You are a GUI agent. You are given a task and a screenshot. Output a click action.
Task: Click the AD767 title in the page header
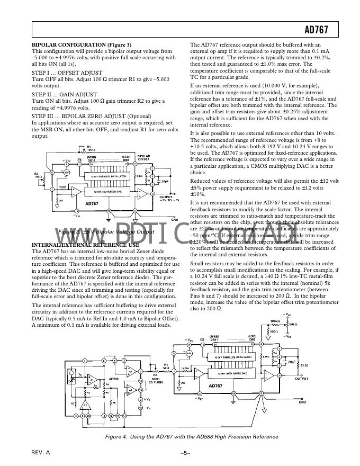pos(317,30)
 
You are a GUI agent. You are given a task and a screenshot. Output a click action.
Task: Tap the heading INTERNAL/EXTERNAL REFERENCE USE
pos(86,244)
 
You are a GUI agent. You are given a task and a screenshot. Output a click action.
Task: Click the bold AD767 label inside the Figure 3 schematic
pos(92,203)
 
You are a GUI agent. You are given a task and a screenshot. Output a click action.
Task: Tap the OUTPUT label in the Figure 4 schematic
pos(302,379)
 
